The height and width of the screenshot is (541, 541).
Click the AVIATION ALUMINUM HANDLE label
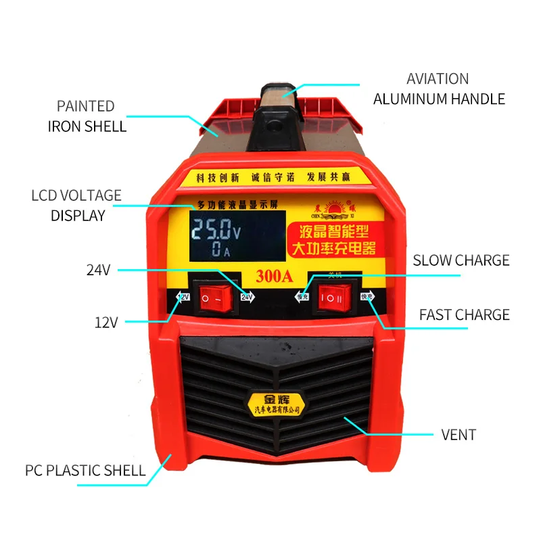(439, 89)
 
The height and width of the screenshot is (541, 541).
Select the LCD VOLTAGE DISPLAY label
(77, 206)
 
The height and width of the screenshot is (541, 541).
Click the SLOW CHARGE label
(461, 260)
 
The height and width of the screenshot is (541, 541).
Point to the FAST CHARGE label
(464, 314)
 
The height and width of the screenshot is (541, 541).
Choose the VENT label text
(458, 434)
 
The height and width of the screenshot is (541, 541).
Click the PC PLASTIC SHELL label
(85, 470)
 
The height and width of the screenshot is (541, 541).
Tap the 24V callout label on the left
(98, 270)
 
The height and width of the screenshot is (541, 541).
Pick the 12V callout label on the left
(106, 323)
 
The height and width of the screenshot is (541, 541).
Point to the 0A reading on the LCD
(220, 251)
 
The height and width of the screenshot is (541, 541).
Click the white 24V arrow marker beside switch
(246, 297)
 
